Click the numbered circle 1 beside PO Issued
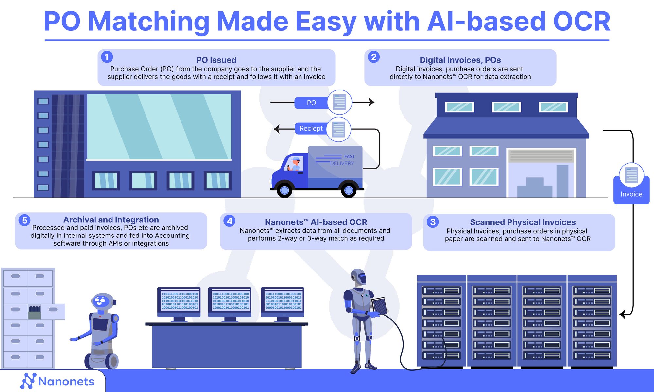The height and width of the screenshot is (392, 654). [107, 57]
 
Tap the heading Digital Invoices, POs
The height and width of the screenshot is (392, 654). [460, 60]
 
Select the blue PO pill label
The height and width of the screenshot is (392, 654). [311, 103]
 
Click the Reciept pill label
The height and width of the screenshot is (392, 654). [311, 129]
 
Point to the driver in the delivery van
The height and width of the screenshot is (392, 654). [295, 164]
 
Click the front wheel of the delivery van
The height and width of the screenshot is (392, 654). [284, 190]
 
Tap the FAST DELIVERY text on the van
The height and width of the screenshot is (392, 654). [342, 160]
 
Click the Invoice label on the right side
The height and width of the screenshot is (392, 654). [631, 194]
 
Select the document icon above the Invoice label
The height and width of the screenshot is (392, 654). [631, 175]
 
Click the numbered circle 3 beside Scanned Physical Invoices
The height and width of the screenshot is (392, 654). [433, 222]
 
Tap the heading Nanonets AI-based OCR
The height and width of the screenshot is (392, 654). [316, 222]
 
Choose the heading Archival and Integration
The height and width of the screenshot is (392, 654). [111, 220]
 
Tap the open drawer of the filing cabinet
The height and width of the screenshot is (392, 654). [52, 311]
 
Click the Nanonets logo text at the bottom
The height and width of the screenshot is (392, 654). [66, 381]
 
